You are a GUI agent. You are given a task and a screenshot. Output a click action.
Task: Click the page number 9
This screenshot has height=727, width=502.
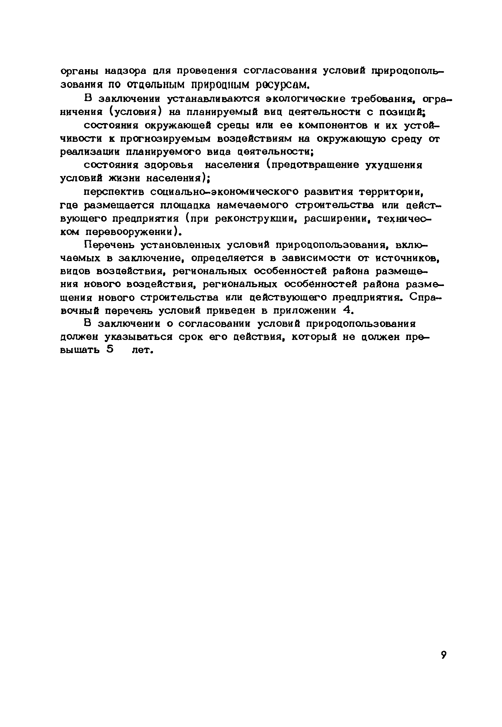443,655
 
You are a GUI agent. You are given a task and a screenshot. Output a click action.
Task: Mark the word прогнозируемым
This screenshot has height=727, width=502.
166,139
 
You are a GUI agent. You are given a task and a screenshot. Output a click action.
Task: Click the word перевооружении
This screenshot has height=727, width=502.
130,232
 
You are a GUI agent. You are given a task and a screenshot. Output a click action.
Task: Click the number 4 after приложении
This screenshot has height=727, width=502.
347,311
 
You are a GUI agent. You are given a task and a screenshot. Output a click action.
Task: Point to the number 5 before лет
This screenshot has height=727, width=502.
110,350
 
